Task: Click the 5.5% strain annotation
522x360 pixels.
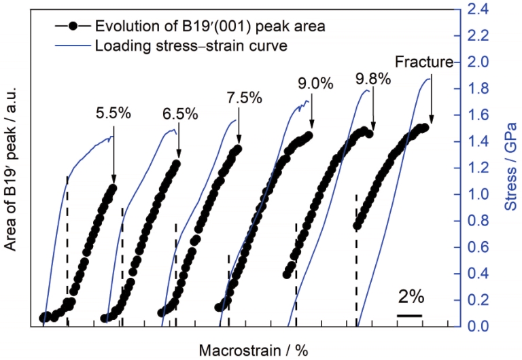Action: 114,114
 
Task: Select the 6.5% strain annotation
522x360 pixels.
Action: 180,114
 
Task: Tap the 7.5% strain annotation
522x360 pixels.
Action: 245,98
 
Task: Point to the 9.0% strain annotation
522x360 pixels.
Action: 315,84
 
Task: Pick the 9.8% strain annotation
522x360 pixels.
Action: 373,79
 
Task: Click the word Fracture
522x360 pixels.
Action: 424,62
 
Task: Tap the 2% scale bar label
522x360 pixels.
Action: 411,296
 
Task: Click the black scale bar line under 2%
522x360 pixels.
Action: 409,315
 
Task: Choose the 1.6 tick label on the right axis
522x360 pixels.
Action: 478,115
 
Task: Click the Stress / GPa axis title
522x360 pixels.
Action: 511,166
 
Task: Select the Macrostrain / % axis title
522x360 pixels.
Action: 254,350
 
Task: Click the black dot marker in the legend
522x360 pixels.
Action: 73,26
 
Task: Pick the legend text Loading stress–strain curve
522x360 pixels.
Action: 191,46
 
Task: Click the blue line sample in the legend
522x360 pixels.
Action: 73,46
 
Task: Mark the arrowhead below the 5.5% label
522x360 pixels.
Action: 114,180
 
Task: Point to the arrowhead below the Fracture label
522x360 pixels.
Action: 431,120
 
